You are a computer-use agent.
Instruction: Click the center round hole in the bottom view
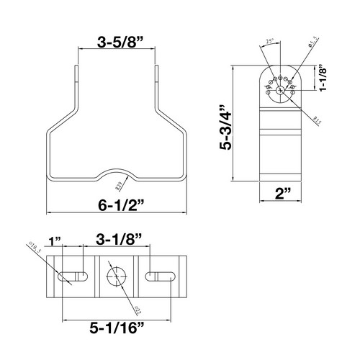pyautogui.click(x=115, y=276)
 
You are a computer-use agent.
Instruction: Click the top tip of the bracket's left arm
pyautogui.click(x=76, y=68)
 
